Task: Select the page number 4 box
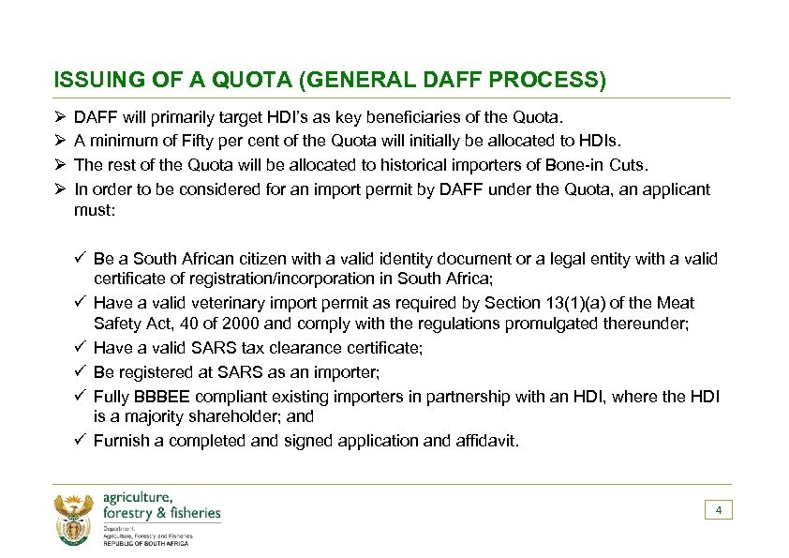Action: pos(718,510)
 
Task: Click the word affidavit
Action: pos(480,441)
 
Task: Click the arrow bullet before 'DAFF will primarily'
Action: pos(60,119)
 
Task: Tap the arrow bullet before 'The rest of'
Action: pos(60,165)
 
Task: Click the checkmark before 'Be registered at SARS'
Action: pos(82,371)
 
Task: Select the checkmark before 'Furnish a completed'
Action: pos(82,441)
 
